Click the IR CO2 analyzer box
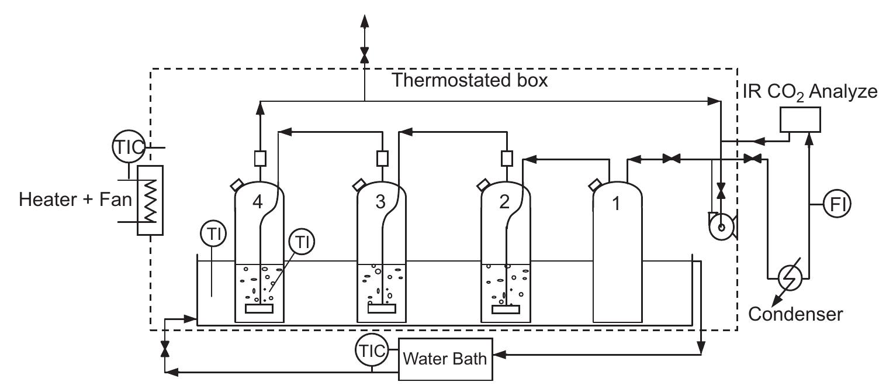pyautogui.click(x=801, y=119)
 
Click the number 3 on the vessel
pyautogui.click(x=380, y=202)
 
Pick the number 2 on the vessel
pyautogui.click(x=504, y=202)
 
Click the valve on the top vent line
pyautogui.click(x=364, y=54)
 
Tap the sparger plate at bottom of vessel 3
pyautogui.click(x=381, y=308)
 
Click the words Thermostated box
pyautogui.click(x=470, y=80)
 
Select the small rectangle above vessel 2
pyautogui.click(x=506, y=157)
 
